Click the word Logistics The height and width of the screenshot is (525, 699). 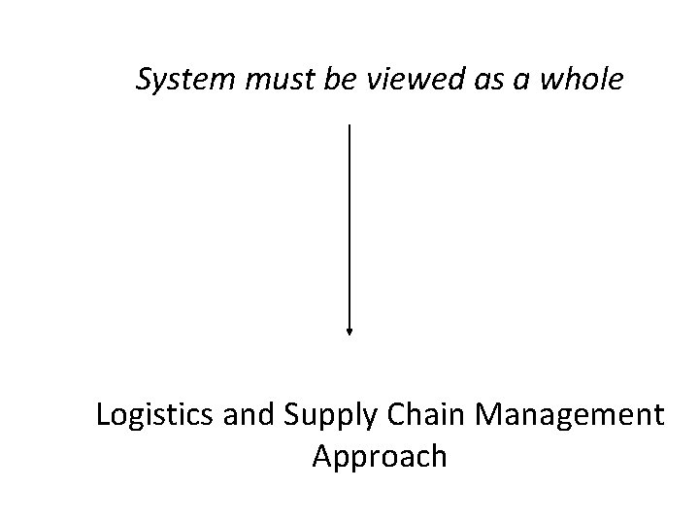click(x=140, y=415)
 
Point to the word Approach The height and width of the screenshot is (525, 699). click(x=380, y=456)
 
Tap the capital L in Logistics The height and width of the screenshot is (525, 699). click(x=103, y=415)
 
